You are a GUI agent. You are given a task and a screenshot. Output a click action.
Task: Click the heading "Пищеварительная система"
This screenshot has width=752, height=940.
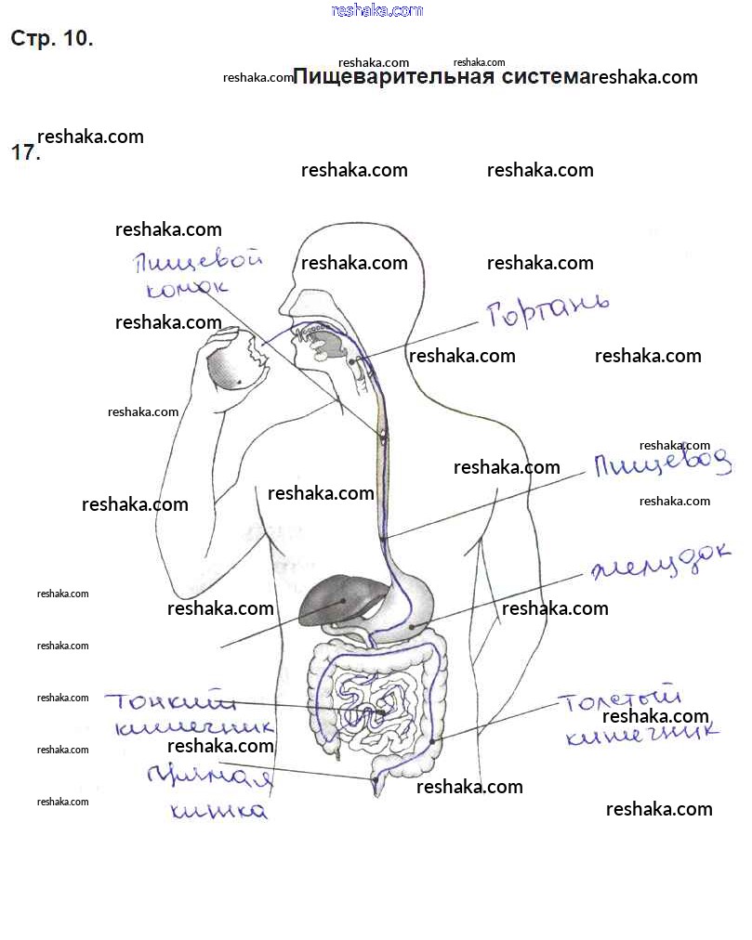pyautogui.click(x=442, y=76)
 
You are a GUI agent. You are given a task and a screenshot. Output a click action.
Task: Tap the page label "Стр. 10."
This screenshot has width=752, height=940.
pyautogui.click(x=51, y=39)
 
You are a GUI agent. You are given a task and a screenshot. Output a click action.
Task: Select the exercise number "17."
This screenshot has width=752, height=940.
pyautogui.click(x=25, y=153)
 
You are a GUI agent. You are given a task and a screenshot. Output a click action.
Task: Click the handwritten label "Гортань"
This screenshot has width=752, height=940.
pyautogui.click(x=548, y=312)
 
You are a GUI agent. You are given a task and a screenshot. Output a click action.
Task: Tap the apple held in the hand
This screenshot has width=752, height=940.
pyautogui.click(x=235, y=364)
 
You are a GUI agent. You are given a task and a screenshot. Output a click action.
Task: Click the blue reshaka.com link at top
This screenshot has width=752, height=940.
pyautogui.click(x=376, y=10)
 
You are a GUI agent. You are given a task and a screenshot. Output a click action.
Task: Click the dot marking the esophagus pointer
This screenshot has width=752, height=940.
pyautogui.click(x=383, y=538)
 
